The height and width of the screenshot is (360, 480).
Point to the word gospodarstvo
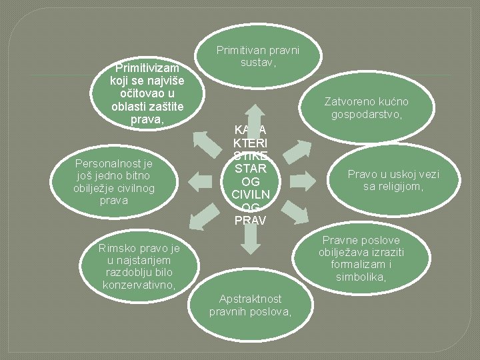point(364,114)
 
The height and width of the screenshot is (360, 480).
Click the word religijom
point(405,187)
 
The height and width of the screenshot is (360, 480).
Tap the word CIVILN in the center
point(250,195)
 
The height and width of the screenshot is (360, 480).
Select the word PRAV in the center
point(250,220)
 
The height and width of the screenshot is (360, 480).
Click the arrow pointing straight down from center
point(250,241)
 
